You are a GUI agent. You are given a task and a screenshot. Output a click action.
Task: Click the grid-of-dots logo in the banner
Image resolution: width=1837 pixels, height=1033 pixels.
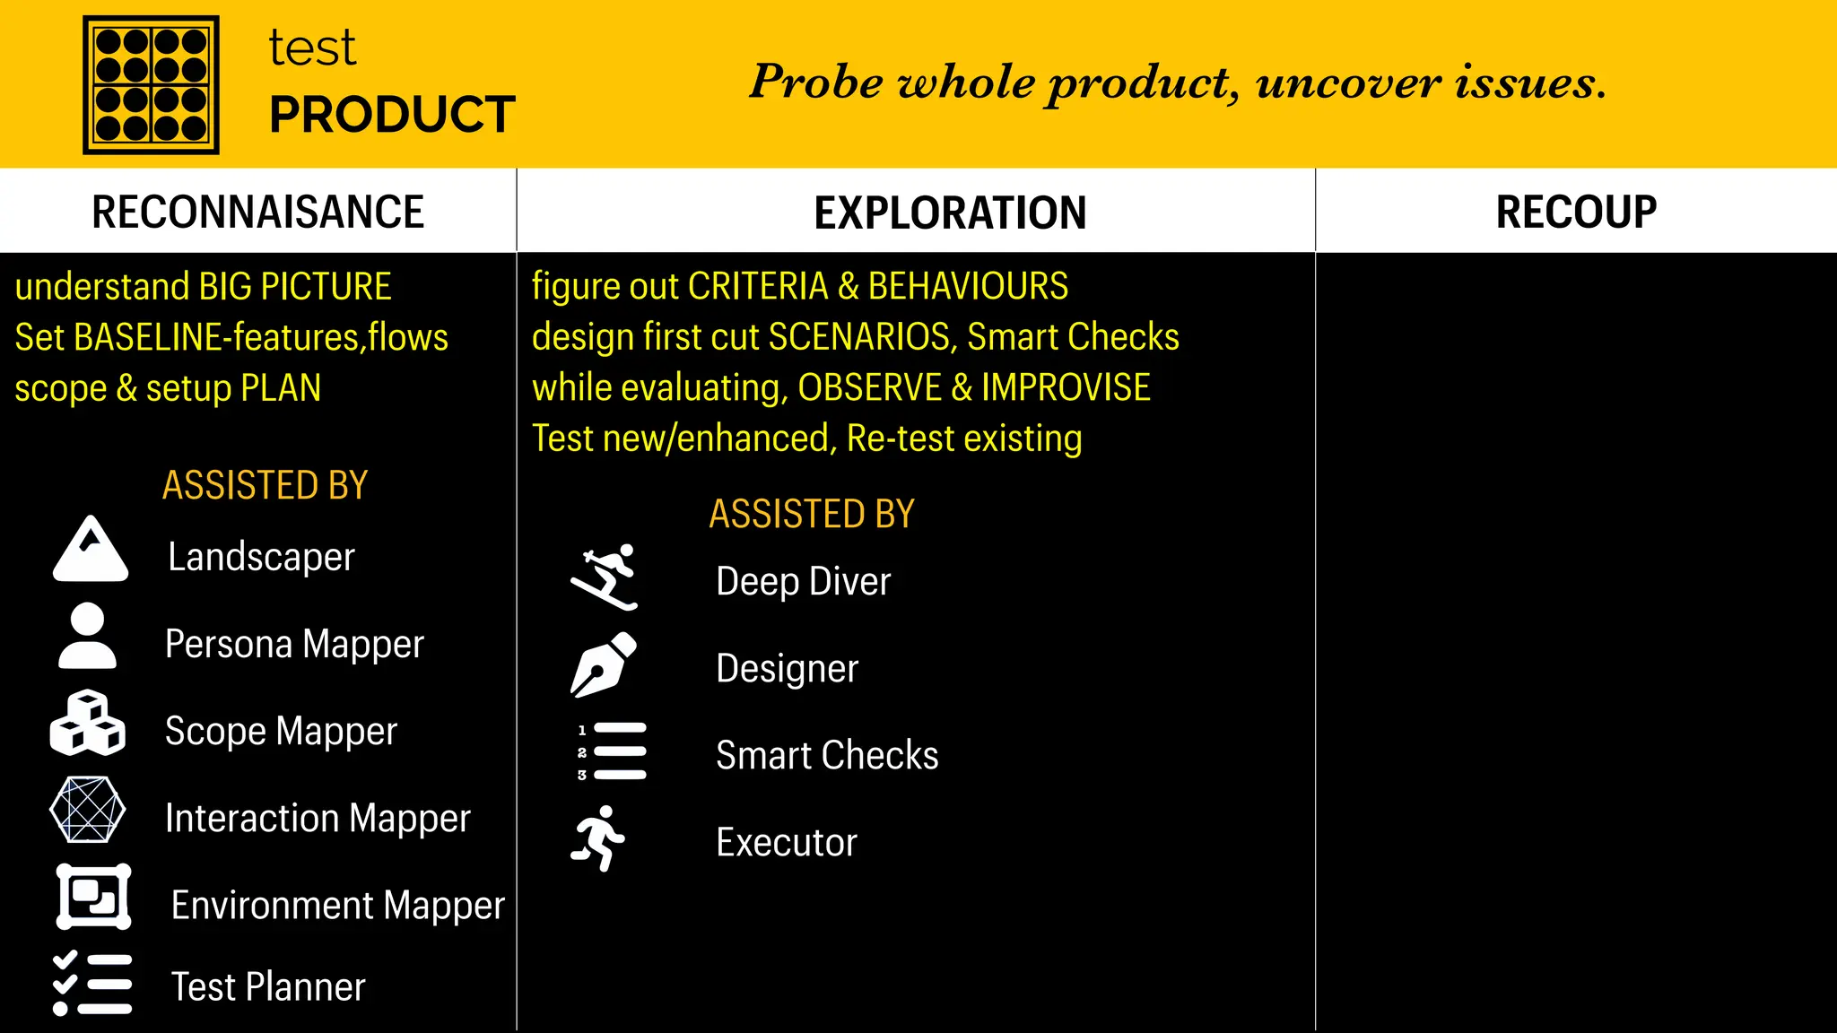point(151,84)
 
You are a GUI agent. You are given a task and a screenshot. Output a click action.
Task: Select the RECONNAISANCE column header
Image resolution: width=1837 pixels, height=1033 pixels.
point(257,213)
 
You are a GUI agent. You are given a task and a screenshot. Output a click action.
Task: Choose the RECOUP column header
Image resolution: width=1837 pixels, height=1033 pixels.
point(1576,213)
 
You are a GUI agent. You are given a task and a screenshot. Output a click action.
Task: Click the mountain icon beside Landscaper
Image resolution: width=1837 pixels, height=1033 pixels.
point(91,550)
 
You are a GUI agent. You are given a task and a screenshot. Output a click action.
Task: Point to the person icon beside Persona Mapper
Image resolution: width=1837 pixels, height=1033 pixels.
point(87,636)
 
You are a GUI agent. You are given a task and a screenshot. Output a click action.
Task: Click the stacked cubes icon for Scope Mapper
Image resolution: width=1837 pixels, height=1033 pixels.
point(87,723)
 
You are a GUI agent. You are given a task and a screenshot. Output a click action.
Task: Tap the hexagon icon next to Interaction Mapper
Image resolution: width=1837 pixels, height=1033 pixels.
point(87,810)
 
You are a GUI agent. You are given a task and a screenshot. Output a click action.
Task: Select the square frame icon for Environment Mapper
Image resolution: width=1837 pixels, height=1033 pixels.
point(93,897)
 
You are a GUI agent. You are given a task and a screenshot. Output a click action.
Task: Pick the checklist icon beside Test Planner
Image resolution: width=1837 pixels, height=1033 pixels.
point(92,984)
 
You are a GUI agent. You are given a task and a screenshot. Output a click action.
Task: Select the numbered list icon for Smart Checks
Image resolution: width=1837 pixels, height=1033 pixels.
point(612,751)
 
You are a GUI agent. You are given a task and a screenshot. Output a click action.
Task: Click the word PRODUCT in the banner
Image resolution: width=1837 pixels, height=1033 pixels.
point(392,115)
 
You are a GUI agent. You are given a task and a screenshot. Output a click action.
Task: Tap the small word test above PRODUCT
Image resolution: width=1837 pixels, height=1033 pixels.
point(312,48)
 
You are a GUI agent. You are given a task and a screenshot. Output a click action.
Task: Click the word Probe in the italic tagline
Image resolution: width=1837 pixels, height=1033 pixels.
point(815,82)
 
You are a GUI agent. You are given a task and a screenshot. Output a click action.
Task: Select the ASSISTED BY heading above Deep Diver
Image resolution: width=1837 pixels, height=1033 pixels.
point(812,514)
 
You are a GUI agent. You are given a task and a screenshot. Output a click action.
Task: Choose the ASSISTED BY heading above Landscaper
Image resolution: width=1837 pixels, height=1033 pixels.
point(265,485)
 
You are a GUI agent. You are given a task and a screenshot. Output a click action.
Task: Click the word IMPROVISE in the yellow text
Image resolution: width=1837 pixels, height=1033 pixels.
point(1066,387)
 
